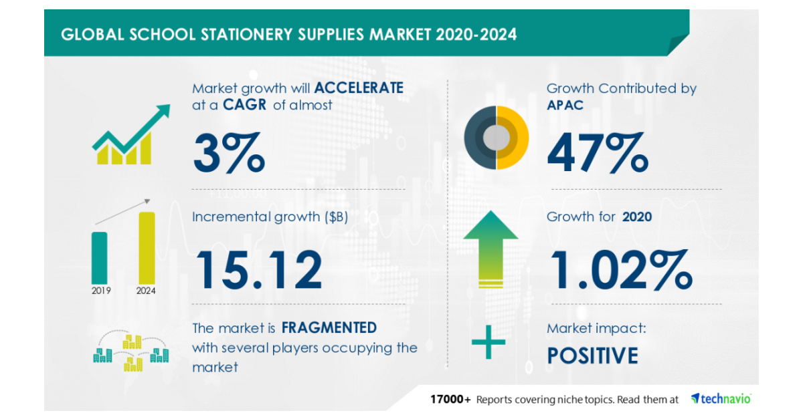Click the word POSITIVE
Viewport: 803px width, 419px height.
tap(592, 356)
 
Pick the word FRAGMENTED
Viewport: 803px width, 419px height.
tap(329, 327)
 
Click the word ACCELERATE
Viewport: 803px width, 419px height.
tap(359, 88)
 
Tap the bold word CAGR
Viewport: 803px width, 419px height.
tap(246, 105)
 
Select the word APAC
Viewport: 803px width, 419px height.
tap(565, 105)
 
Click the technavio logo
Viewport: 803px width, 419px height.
tap(721, 398)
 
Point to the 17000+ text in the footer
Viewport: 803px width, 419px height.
tap(450, 400)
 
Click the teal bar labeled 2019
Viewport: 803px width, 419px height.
tap(99, 257)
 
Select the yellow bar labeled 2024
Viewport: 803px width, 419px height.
tap(147, 247)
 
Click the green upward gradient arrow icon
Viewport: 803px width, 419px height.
tap(490, 248)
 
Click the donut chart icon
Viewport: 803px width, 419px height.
tap(496, 138)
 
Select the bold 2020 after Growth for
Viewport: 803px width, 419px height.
tap(637, 217)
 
